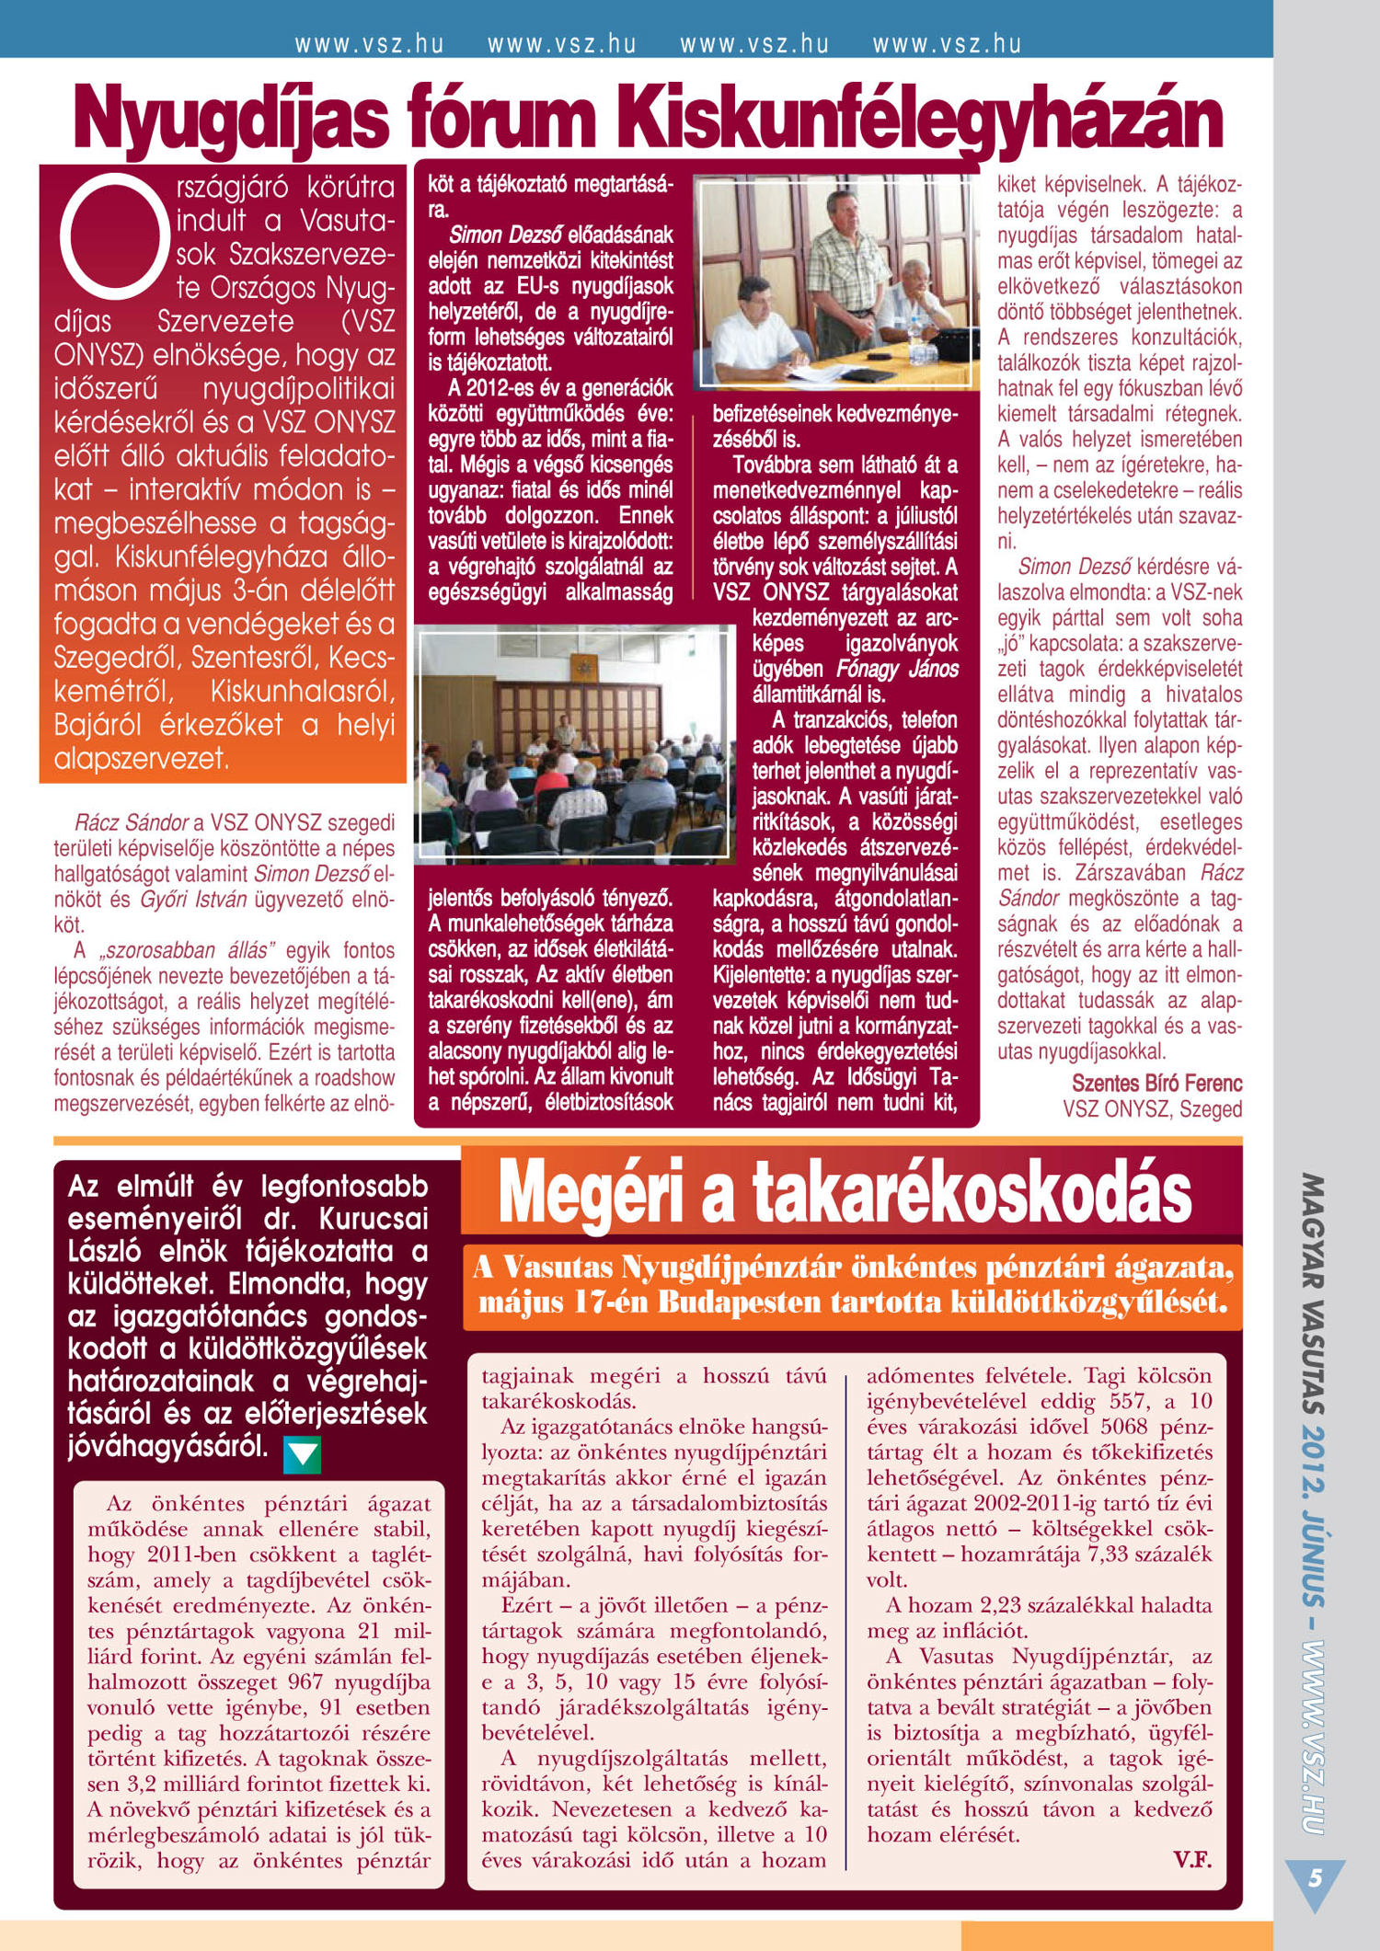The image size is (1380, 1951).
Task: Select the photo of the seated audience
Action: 574,745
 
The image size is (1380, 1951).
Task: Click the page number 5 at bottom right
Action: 1315,1877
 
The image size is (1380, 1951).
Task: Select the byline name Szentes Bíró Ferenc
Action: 1156,1084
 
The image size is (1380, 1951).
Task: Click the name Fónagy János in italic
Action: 897,670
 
